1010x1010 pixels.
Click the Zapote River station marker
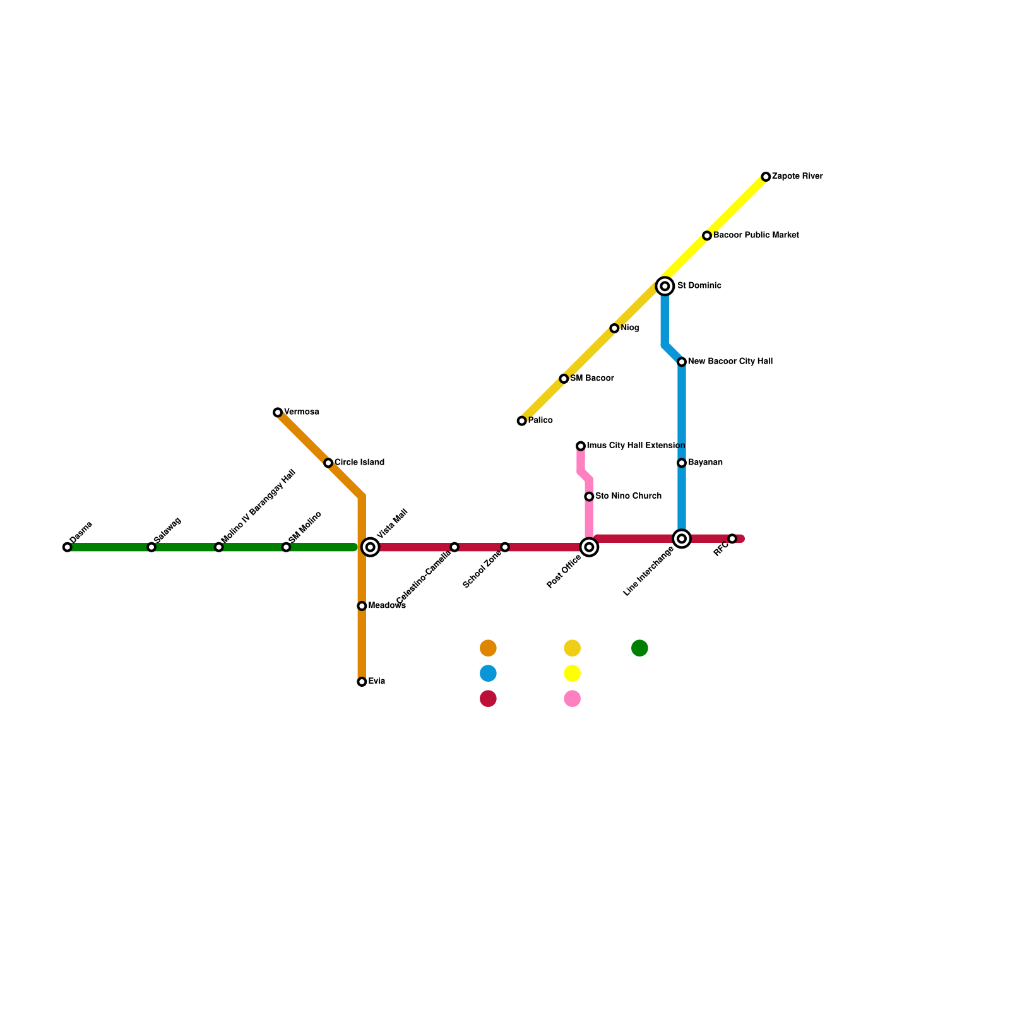[766, 177]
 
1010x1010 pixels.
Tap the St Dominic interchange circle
[665, 286]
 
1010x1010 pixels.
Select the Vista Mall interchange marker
[371, 547]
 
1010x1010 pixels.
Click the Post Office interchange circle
[589, 547]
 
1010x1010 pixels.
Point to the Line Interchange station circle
[682, 538]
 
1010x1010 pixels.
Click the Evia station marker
[362, 682]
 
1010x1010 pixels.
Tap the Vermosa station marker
[278, 412]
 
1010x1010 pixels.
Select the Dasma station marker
[68, 547]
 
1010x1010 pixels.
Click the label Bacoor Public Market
[756, 235]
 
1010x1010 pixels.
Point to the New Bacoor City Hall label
[730, 362]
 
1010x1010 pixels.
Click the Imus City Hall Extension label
[636, 446]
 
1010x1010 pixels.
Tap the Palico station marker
[521, 421]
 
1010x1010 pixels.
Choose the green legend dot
[639, 648]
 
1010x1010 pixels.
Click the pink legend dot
[572, 699]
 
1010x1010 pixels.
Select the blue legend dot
[488, 674]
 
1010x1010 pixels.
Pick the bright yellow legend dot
[572, 674]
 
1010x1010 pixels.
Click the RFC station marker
[732, 538]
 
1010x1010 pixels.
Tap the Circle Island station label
[359, 463]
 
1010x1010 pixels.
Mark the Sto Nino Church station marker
[589, 497]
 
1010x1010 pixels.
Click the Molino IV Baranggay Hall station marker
[219, 547]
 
